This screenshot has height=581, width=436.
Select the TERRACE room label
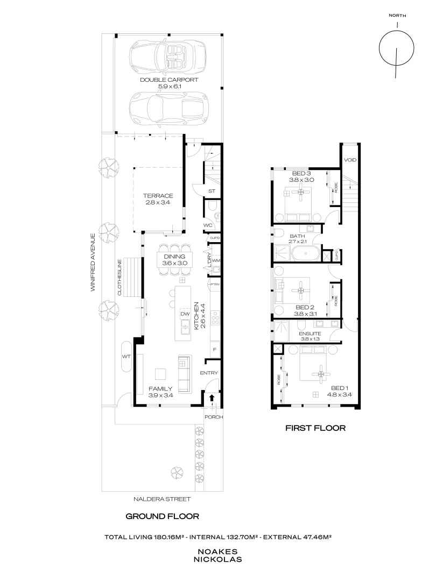click(x=158, y=195)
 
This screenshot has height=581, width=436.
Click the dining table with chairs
click(x=174, y=260)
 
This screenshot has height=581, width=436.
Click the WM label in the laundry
click(x=216, y=260)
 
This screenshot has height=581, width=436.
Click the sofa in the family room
click(x=184, y=373)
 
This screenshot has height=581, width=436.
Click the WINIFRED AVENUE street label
click(x=93, y=261)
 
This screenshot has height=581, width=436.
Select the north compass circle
click(x=397, y=48)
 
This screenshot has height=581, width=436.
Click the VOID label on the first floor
click(x=350, y=160)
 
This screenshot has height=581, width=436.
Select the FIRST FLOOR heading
click(x=314, y=429)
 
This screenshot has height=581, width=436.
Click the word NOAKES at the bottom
click(x=218, y=551)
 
